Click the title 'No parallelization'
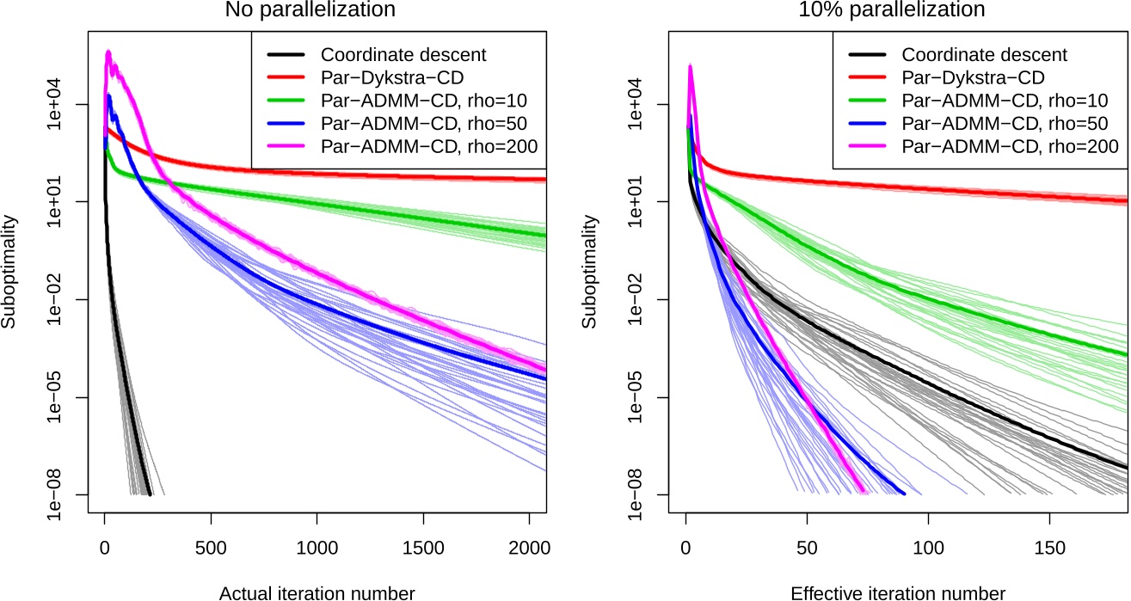(x=310, y=11)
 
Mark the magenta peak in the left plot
(x=108, y=52)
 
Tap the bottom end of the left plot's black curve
(x=151, y=494)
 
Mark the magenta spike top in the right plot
(x=690, y=65)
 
